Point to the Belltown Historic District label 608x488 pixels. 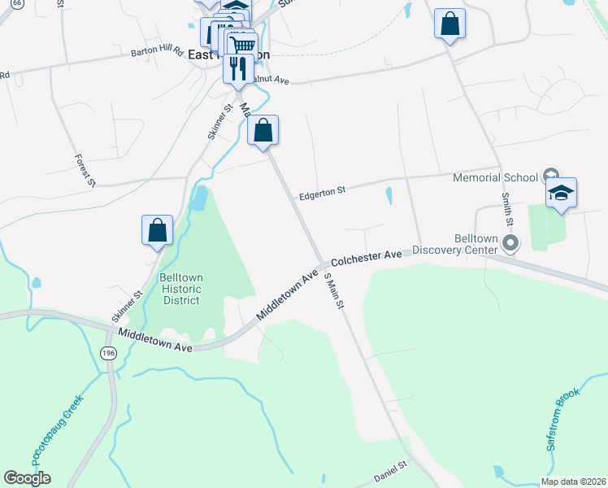point(180,288)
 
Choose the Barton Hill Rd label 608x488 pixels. point(156,51)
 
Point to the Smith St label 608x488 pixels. point(506,209)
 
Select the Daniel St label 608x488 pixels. point(389,471)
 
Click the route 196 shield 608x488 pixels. point(108,352)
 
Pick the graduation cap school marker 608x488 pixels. point(561,194)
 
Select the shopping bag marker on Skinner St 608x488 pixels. point(157,231)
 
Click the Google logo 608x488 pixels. point(27,478)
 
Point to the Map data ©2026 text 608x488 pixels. point(573,481)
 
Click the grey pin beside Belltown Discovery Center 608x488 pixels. point(511,242)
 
